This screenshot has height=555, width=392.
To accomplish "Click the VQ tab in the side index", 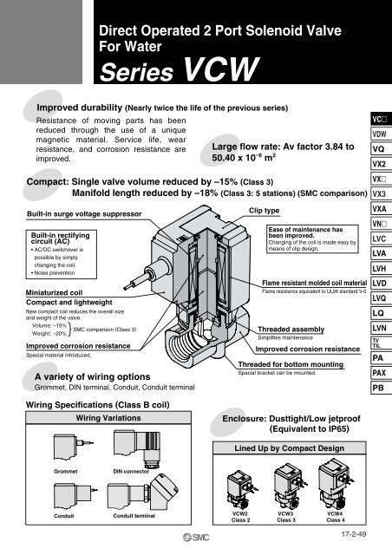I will [x=378, y=148].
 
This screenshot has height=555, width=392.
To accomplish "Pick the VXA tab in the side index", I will [x=378, y=209].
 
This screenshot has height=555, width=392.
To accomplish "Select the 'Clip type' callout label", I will [x=264, y=210].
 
